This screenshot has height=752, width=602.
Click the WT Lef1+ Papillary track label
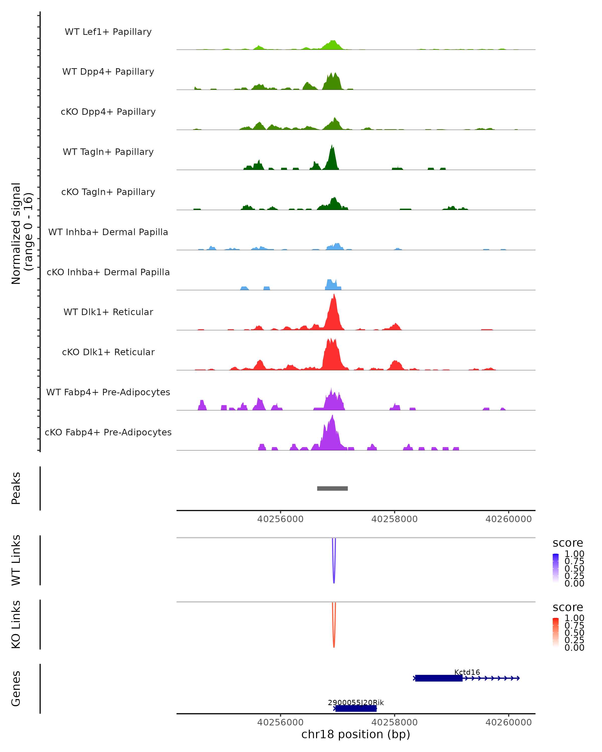pyautogui.click(x=108, y=32)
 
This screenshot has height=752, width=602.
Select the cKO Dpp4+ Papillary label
pyautogui.click(x=108, y=112)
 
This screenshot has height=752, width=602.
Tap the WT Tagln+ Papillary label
pyautogui.click(x=108, y=152)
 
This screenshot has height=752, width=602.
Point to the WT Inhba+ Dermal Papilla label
pyautogui.click(x=108, y=232)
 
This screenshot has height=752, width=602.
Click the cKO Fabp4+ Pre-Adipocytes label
pyautogui.click(x=108, y=432)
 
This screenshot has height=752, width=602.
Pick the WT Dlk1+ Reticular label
pyautogui.click(x=108, y=312)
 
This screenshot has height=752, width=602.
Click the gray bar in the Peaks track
pyautogui.click(x=332, y=488)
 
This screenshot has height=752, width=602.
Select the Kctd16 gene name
pyautogui.click(x=467, y=672)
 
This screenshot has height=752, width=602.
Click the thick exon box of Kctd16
pyautogui.click(x=439, y=678)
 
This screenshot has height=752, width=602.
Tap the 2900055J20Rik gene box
pyautogui.click(x=356, y=708)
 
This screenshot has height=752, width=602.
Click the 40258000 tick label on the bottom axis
pyautogui.click(x=394, y=722)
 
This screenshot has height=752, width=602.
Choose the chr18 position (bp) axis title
pyautogui.click(x=356, y=734)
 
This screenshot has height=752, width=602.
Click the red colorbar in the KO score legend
pyautogui.click(x=556, y=632)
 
